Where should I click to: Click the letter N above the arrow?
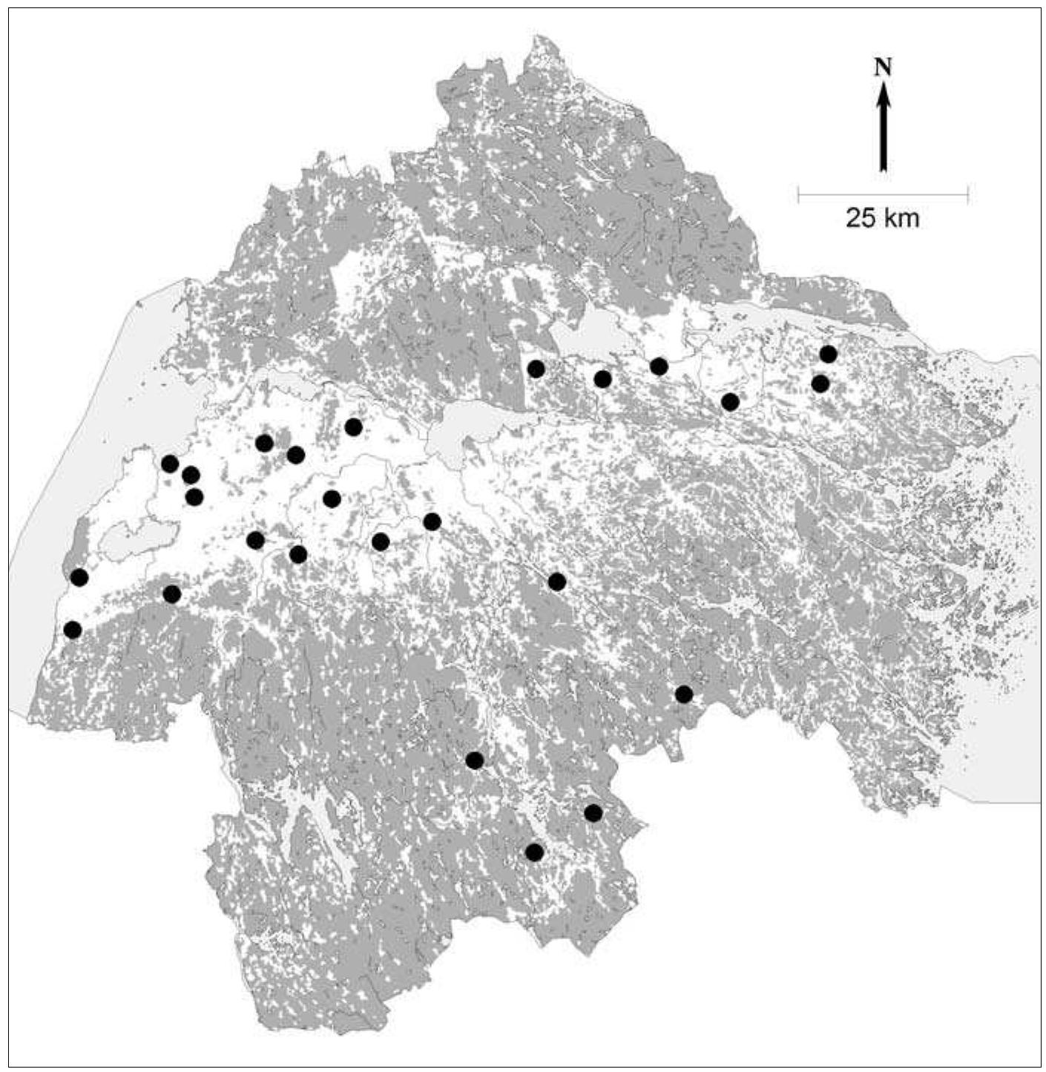point(882,68)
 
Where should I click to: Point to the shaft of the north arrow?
point(882,137)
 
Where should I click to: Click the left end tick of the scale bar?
point(798,196)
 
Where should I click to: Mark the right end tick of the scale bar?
point(967,196)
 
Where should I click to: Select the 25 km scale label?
point(882,219)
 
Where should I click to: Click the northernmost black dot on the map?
point(828,355)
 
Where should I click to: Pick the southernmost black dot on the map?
point(534,852)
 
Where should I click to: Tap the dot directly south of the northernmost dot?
point(820,384)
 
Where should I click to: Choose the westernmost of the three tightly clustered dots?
point(170,464)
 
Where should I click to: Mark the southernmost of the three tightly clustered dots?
point(194,496)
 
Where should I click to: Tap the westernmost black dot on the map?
point(73,630)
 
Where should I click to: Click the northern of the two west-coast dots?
point(79,577)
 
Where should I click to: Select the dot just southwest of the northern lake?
point(536,368)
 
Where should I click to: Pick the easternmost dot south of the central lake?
point(556,582)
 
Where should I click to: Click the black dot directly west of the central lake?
point(353,427)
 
